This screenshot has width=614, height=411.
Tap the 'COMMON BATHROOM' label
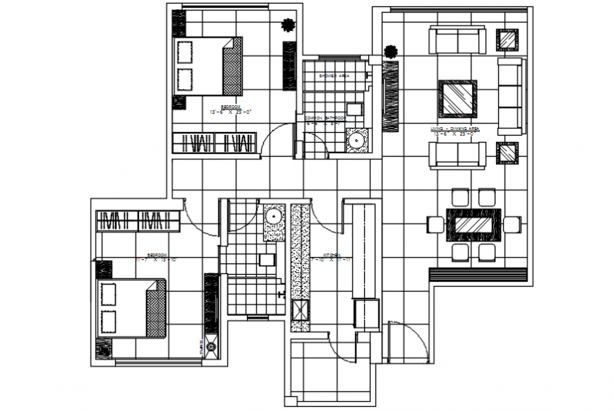point(324,117)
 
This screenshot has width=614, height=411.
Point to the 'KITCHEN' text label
point(332,254)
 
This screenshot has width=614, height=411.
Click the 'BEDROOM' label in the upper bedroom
point(230,107)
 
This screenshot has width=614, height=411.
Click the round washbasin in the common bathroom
point(357,141)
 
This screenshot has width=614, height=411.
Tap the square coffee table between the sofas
point(457,97)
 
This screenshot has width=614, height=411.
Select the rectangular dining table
point(476,225)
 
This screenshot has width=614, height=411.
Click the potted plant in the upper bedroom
point(287,25)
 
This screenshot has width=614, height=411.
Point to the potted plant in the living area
point(390,52)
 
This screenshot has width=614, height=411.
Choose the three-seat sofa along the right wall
point(512,96)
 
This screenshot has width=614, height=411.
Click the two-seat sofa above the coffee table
point(458,41)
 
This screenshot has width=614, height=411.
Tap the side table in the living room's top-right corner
point(508,40)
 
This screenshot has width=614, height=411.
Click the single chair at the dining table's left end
point(435,225)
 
